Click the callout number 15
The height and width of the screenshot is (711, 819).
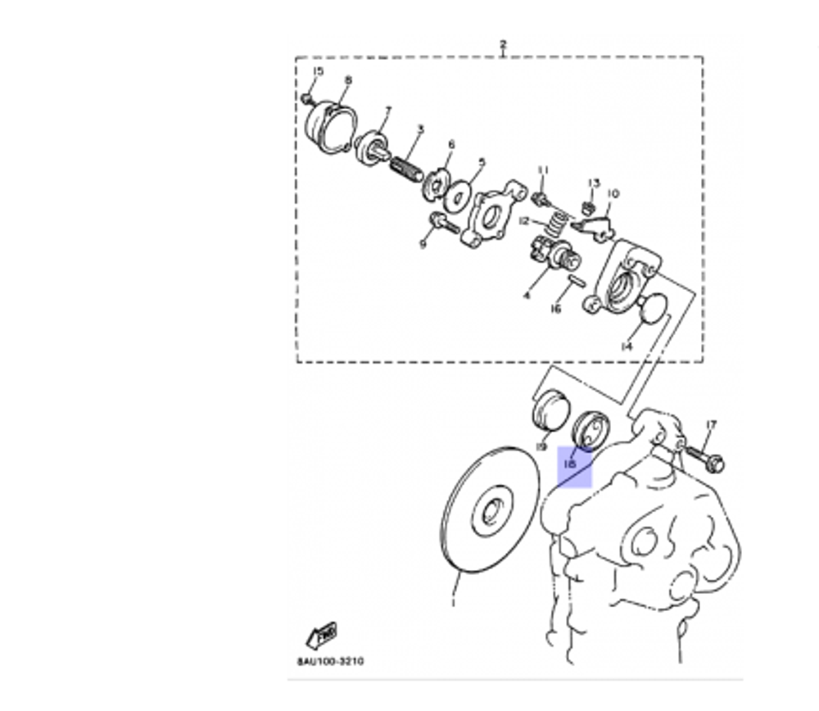318,71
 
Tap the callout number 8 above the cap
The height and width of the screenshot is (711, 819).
348,80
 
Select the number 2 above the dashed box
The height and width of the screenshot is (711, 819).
503,44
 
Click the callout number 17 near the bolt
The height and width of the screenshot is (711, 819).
710,425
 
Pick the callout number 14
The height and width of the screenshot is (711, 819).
627,346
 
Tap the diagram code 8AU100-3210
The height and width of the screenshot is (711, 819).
330,661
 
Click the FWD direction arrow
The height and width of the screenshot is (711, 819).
322,636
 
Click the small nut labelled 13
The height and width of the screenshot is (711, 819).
587,206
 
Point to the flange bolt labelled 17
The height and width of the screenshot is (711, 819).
704,457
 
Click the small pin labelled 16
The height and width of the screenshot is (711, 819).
575,283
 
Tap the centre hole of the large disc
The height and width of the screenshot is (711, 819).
493,512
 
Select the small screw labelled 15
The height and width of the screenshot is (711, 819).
307,98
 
